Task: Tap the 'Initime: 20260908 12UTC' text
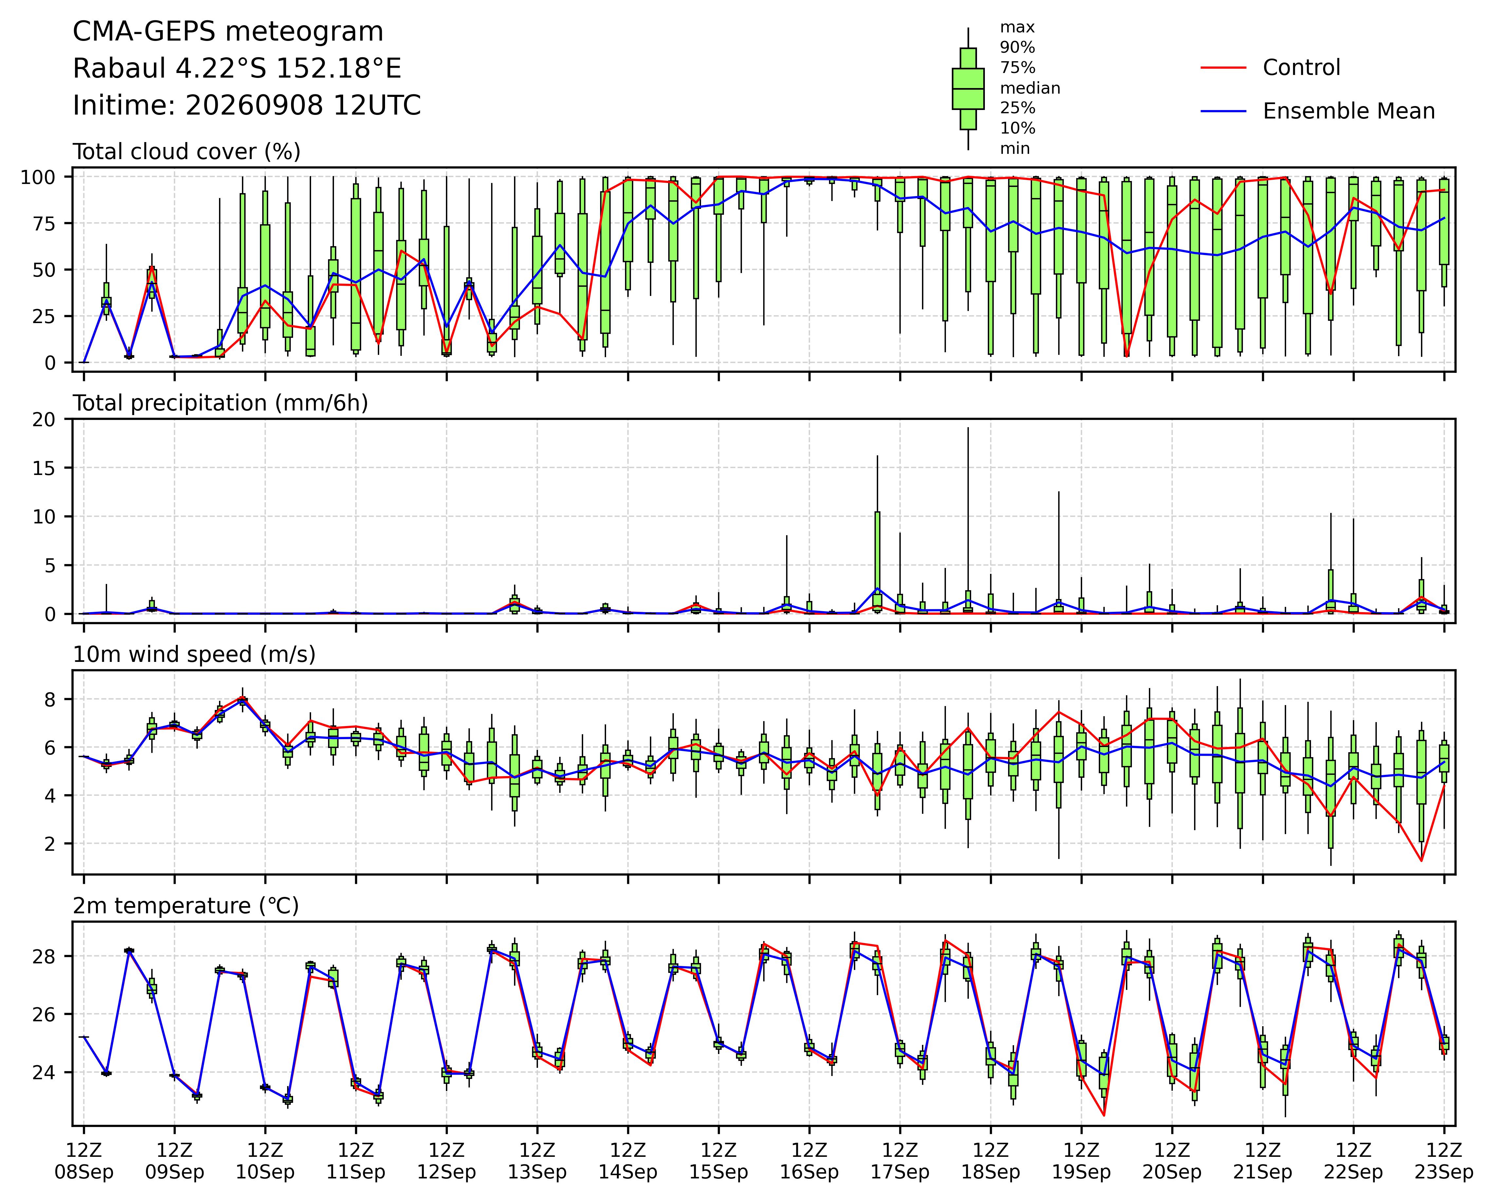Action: pos(247,105)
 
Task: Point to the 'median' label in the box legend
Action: pos(1030,88)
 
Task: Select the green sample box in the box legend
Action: pos(968,89)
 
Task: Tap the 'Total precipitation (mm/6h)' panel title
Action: pos(220,403)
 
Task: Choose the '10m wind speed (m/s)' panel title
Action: pos(194,655)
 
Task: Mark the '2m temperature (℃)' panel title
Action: pos(186,906)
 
